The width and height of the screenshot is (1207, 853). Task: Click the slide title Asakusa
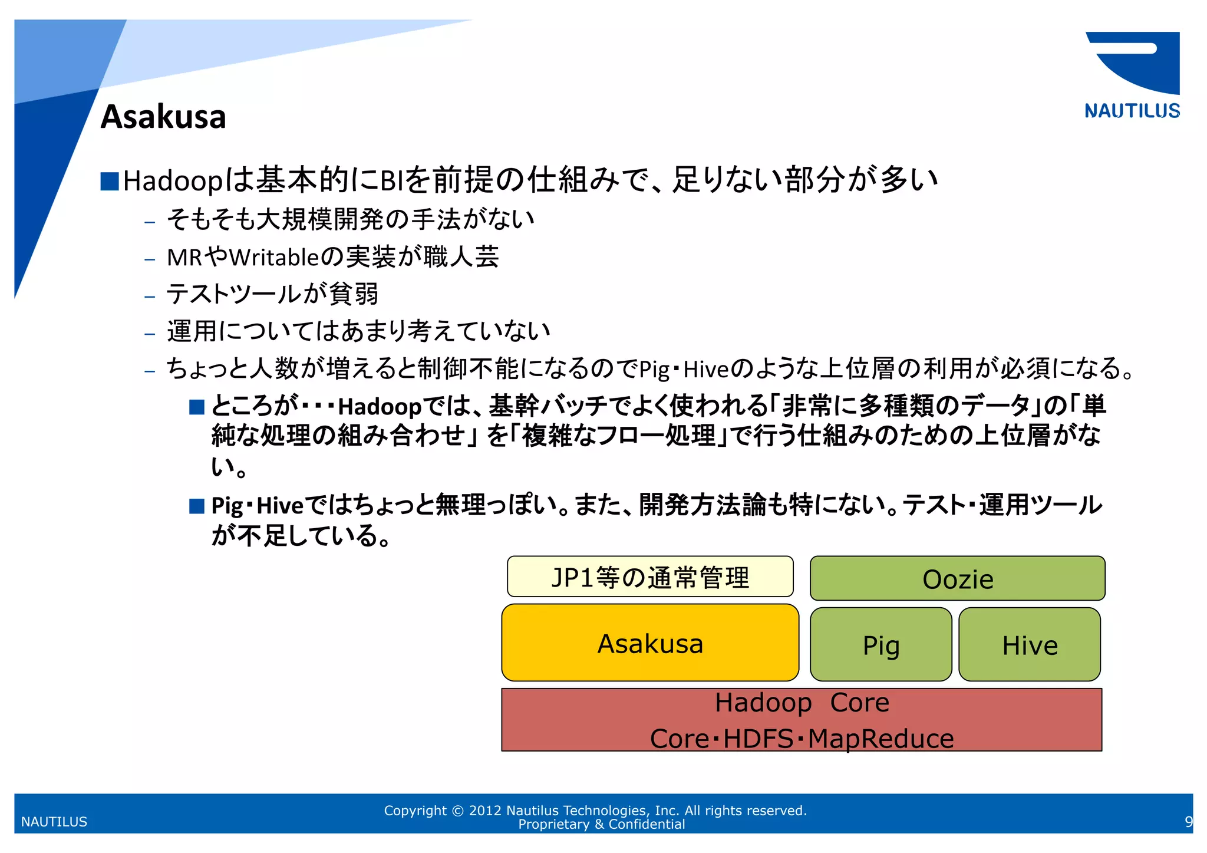click(x=163, y=117)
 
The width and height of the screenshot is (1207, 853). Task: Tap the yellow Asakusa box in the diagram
click(x=650, y=643)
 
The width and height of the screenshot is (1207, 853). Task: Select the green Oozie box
click(x=957, y=579)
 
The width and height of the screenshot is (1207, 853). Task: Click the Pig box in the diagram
click(x=880, y=645)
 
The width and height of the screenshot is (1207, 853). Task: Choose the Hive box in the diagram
click(x=1030, y=645)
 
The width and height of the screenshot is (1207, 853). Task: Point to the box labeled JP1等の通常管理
click(x=650, y=577)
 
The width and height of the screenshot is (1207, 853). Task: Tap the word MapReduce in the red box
click(x=880, y=739)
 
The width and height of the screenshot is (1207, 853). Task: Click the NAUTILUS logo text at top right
click(x=1132, y=111)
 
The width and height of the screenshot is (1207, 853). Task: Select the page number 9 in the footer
click(x=1188, y=821)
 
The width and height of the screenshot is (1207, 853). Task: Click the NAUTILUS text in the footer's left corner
click(x=54, y=822)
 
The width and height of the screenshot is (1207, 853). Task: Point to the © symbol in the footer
click(x=457, y=811)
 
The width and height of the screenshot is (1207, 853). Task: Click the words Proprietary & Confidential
click(x=601, y=824)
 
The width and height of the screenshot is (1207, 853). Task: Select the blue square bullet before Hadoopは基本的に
click(x=110, y=181)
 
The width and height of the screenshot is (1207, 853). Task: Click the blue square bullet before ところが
click(x=197, y=407)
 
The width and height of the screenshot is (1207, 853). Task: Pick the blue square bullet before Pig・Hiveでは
click(x=197, y=506)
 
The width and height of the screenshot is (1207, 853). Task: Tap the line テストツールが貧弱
click(x=272, y=294)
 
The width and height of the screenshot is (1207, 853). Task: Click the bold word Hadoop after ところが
click(x=380, y=407)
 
